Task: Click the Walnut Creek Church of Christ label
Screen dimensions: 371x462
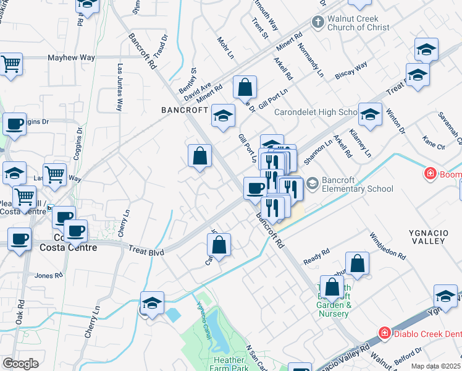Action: (358, 23)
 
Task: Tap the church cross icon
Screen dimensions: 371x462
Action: (317, 23)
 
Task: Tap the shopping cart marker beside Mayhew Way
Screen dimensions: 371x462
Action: (10, 64)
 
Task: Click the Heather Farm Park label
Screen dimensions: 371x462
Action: (229, 364)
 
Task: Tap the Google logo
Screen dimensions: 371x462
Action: (21, 364)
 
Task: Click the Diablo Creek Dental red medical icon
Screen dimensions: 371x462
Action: (384, 334)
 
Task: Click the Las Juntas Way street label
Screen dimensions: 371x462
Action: (119, 87)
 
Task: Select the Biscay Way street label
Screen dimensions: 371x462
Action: (351, 70)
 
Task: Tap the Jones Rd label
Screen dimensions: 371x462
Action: (49, 276)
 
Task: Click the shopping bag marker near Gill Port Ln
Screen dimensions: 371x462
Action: (245, 88)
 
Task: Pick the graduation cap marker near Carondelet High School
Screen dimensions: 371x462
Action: (370, 114)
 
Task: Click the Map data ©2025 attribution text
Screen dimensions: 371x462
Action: (436, 366)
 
